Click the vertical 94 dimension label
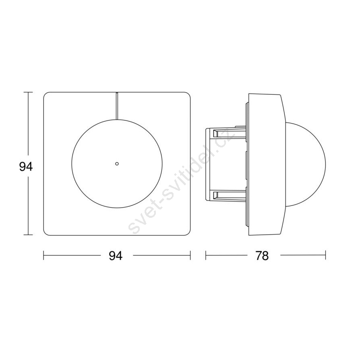click(26, 167)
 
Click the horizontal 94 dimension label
click(116, 256)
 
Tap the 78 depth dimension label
click(262, 256)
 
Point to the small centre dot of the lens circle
click(117, 163)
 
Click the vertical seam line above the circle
click(117, 106)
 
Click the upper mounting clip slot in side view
click(229, 133)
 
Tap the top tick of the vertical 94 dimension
click(28, 92)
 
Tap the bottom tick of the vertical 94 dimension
click(28, 235)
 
